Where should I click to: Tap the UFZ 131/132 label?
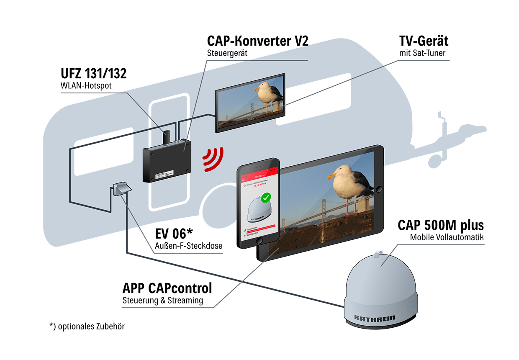tap(93, 74)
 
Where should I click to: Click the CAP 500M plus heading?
tap(440, 226)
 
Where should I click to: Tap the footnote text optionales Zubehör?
tap(87, 326)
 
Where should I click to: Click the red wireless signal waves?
tap(213, 160)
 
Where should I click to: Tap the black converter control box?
tap(167, 161)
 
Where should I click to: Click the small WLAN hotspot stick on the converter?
tap(166, 136)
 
